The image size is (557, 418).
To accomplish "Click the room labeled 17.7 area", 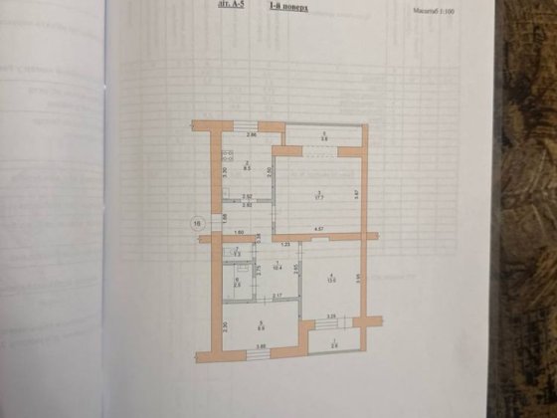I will (x=318, y=195).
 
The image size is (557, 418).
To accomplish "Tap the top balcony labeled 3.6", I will (x=323, y=138).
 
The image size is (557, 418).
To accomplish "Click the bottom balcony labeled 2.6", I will (x=334, y=344).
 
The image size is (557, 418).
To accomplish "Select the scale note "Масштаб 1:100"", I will (x=429, y=13).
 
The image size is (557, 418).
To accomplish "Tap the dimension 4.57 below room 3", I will (x=320, y=230).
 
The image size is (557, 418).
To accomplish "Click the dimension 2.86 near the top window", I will (x=253, y=134).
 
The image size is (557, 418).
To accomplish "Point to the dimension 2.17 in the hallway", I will (x=279, y=296).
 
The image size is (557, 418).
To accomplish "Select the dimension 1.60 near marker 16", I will (x=240, y=233).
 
